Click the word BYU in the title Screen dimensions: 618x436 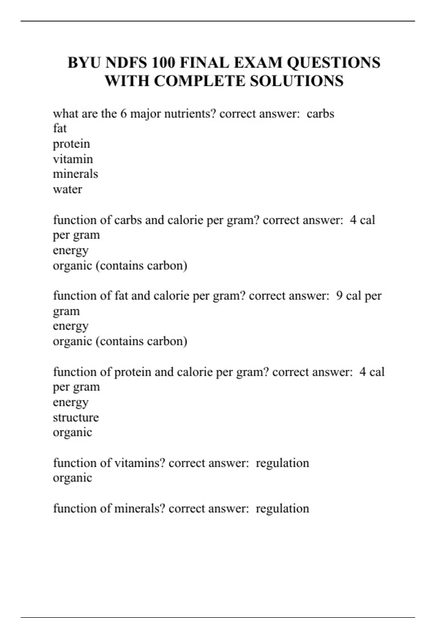[84, 63]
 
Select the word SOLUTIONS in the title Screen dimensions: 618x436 [296, 81]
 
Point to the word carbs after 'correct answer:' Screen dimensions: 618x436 [320, 114]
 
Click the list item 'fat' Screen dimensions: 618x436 [60, 129]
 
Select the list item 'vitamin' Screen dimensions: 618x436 [73, 159]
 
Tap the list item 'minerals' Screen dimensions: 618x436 [75, 174]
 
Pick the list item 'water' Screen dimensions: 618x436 [67, 189]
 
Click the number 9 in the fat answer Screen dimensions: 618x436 [339, 296]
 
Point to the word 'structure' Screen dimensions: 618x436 [76, 417]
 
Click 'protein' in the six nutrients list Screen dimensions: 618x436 [71, 144]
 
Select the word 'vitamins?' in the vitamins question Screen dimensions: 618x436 [140, 463]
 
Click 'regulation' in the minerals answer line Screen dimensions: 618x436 [282, 509]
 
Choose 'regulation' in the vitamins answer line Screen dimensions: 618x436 [282, 463]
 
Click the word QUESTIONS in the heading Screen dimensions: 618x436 [334, 63]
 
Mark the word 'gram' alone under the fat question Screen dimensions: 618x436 [66, 312]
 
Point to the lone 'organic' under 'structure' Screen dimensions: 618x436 [72, 433]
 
